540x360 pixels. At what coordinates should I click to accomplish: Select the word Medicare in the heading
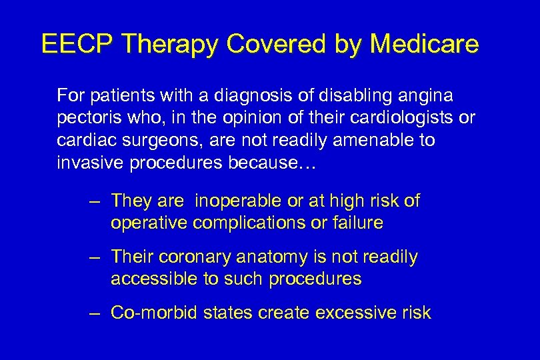coord(424,44)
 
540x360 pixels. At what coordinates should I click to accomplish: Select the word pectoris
coord(85,119)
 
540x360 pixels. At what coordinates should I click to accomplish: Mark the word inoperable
coord(237,201)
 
